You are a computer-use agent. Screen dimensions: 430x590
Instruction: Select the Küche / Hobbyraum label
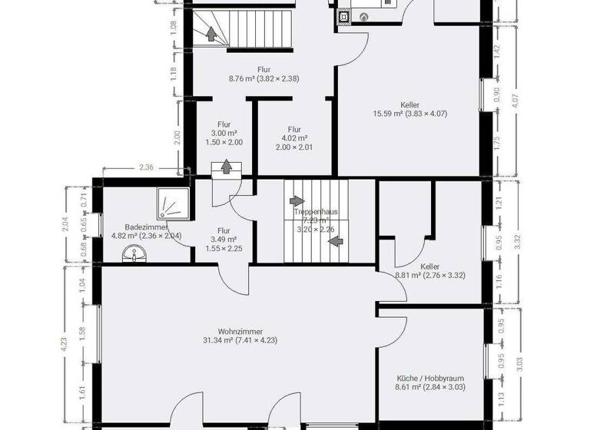(430, 379)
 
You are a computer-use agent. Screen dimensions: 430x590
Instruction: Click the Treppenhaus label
(315, 211)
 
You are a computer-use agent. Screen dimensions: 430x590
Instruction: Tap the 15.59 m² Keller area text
(409, 114)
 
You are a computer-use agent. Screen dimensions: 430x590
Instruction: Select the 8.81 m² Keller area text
(429, 274)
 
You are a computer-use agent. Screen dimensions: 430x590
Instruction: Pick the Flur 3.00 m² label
(224, 133)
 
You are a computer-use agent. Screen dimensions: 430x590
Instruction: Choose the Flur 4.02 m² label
(294, 138)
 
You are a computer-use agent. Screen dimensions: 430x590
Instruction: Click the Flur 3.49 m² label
(224, 239)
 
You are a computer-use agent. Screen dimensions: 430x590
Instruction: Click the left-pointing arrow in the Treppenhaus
(334, 241)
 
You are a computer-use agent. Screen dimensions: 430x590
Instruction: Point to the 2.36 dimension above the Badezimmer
(146, 167)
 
